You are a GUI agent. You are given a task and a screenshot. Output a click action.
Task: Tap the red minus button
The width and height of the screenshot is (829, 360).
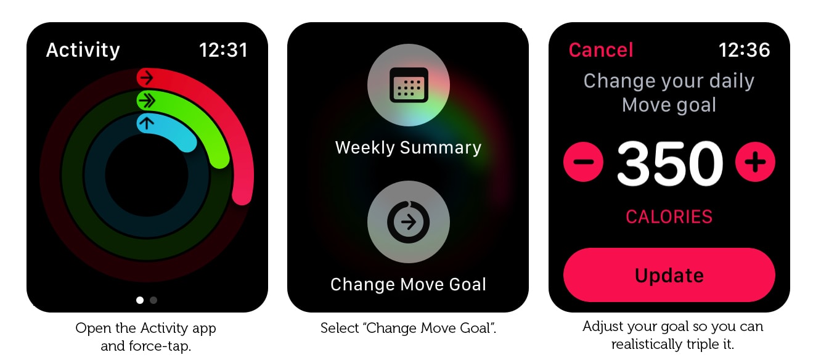pos(583,162)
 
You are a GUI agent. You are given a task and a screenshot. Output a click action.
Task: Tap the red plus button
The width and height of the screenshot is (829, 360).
pos(755,162)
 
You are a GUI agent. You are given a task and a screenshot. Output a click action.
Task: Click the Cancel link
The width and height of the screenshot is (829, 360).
pos(601,50)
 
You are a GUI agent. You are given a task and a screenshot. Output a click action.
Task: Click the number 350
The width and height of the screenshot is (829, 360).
pos(669,163)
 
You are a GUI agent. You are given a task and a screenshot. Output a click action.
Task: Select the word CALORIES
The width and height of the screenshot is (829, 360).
pos(669,217)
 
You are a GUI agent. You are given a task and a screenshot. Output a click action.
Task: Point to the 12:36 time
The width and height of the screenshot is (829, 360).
pos(744,50)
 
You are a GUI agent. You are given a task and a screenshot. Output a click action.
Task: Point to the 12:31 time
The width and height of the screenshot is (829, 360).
pos(223,50)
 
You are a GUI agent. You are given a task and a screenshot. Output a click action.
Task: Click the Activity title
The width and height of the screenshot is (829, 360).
pos(83,50)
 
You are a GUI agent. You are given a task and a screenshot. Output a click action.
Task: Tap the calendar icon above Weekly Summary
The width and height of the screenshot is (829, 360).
pos(409,85)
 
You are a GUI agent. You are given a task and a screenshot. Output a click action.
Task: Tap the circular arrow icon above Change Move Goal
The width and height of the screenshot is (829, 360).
pos(409,222)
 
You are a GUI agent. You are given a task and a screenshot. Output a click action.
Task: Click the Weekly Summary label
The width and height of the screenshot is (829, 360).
pos(408,147)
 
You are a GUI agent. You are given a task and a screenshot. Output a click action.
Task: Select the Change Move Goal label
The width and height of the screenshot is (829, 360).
pos(408,285)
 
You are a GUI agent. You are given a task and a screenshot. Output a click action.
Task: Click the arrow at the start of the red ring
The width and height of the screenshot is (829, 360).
pos(147,78)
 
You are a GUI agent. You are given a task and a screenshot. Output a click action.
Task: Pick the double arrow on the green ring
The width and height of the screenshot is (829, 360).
pos(147,100)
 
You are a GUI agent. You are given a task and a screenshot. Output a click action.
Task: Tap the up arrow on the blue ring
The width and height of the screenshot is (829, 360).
pos(147,123)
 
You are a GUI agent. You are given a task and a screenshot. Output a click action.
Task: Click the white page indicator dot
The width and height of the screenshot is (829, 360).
pos(140,300)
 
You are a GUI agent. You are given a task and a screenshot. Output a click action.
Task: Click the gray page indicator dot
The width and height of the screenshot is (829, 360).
pos(153,300)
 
